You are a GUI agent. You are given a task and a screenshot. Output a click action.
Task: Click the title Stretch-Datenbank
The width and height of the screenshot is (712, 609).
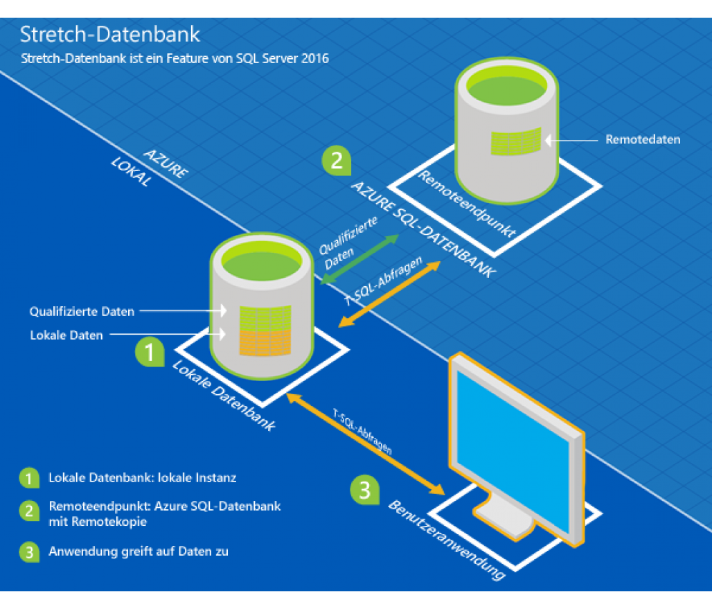110,35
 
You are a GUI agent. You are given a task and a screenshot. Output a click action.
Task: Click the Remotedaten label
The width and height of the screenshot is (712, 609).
643,140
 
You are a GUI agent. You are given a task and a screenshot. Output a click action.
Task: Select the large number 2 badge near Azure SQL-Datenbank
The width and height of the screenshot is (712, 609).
337,161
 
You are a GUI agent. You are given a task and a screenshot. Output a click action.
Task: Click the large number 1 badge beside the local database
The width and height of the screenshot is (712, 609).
148,351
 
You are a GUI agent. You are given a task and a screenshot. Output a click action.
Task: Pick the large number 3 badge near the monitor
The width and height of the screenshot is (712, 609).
364,489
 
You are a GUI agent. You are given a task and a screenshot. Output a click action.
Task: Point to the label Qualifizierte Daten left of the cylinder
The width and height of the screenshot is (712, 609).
82,312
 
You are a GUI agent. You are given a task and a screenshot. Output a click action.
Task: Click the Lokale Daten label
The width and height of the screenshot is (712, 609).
66,335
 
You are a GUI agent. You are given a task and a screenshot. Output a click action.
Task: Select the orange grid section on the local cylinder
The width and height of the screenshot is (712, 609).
265,341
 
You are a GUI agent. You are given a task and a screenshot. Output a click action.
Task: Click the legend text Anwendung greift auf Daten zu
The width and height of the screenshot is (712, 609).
139,551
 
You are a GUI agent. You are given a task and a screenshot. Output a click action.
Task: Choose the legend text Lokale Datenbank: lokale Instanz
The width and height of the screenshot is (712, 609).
143,478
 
